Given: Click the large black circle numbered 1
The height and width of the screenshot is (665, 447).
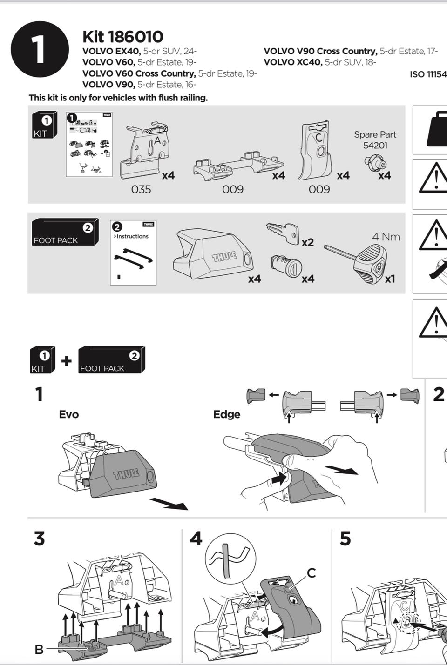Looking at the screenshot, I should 40,49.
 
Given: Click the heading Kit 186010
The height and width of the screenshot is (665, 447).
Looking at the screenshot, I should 123,36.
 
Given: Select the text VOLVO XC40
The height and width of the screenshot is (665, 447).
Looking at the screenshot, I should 293,62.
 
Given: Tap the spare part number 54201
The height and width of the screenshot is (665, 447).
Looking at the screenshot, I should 375,146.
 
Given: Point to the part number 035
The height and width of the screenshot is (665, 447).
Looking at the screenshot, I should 141,189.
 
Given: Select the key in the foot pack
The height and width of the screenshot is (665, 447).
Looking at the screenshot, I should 283,232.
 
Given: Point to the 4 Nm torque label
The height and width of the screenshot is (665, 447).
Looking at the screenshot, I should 386,237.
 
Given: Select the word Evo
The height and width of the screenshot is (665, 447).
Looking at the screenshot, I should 69,414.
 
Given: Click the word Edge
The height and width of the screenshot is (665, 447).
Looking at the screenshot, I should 227,414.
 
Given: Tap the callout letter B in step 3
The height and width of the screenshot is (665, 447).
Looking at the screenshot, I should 39,649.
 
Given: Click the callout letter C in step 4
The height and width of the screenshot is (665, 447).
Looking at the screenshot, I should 311,573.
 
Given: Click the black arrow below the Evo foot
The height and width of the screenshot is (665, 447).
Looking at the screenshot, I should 168,504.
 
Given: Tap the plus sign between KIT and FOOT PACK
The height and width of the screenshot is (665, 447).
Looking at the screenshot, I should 67,360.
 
